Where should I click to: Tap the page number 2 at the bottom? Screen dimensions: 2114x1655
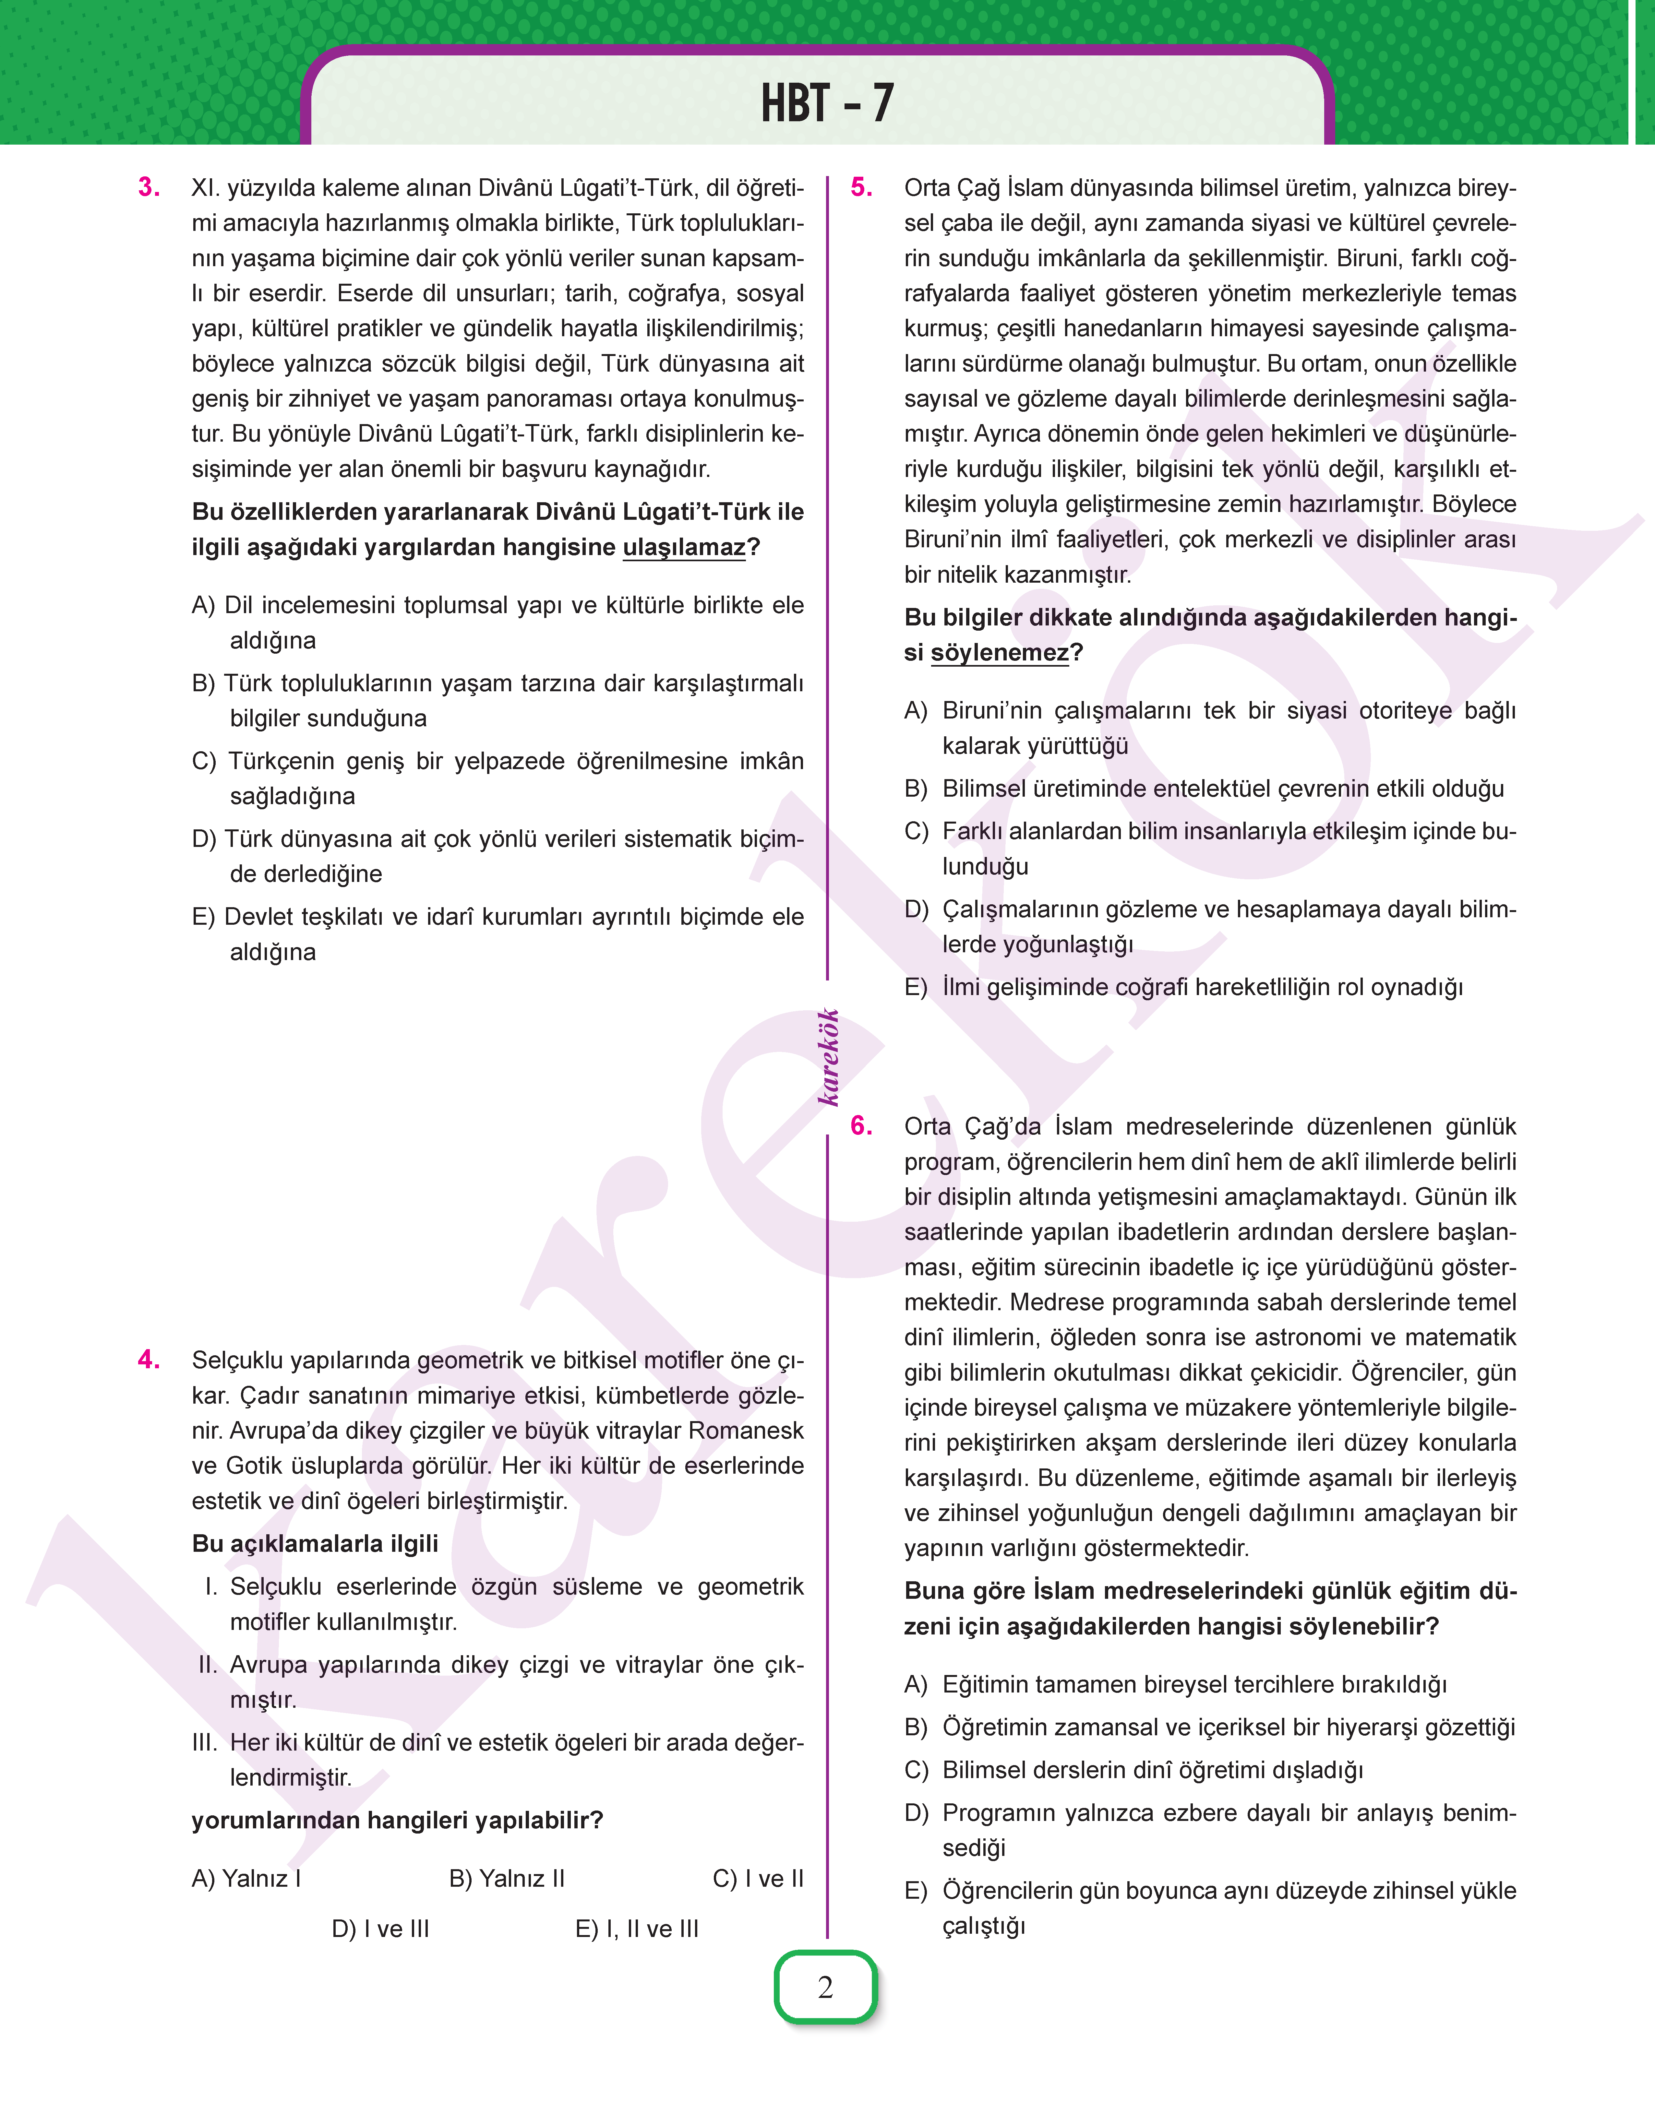[826, 1987]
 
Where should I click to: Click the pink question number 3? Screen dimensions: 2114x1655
[149, 187]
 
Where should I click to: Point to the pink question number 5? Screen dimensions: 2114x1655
[861, 187]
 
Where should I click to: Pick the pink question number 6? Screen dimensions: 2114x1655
[861, 1126]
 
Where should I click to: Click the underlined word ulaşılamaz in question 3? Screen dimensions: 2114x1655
[684, 547]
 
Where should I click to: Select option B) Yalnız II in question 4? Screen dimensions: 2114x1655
[507, 1879]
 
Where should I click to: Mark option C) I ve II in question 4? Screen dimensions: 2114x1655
[758, 1879]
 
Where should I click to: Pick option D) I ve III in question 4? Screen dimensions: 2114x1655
[380, 1929]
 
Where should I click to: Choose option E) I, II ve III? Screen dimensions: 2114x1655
[637, 1929]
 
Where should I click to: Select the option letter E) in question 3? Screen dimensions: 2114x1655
[203, 917]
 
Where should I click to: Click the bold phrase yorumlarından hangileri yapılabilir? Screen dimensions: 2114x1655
[397, 1821]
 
